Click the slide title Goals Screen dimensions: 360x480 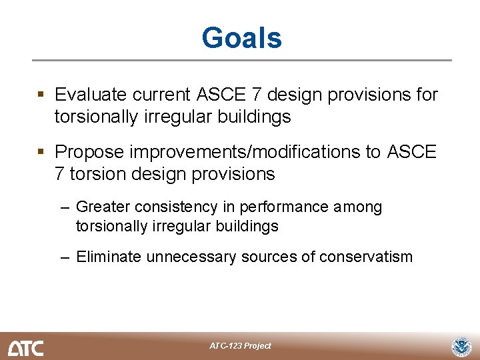(x=241, y=38)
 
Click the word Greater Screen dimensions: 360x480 (x=103, y=207)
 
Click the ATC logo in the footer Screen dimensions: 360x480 (x=25, y=347)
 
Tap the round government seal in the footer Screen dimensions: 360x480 (x=461, y=347)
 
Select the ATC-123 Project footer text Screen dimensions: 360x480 (x=240, y=346)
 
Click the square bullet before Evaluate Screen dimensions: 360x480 (x=42, y=95)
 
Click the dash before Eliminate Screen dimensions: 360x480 (x=65, y=257)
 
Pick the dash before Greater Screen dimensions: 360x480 (x=65, y=208)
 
